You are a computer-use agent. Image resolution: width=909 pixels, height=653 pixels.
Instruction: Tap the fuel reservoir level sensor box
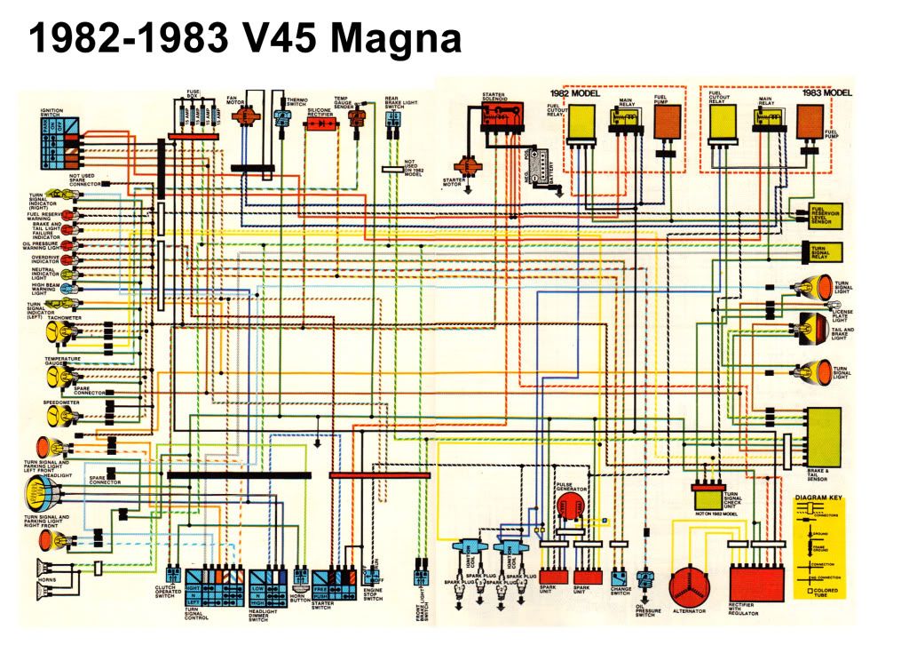click(x=823, y=214)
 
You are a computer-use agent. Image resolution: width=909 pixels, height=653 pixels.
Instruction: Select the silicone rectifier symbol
click(x=320, y=124)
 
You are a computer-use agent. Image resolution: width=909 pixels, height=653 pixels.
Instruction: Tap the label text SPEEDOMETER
click(x=61, y=402)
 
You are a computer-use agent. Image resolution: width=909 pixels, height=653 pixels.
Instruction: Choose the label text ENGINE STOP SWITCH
click(x=373, y=593)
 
